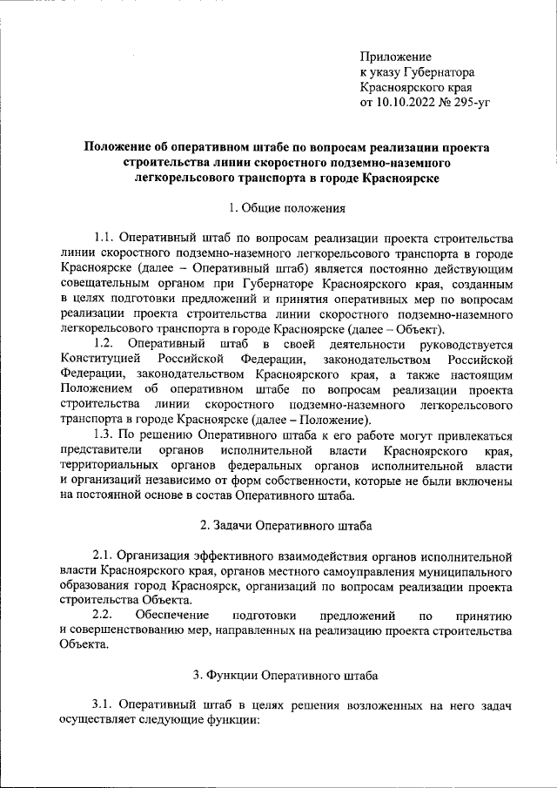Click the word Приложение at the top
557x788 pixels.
point(396,57)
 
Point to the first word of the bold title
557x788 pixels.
point(122,147)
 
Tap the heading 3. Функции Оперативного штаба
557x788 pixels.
point(285,675)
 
